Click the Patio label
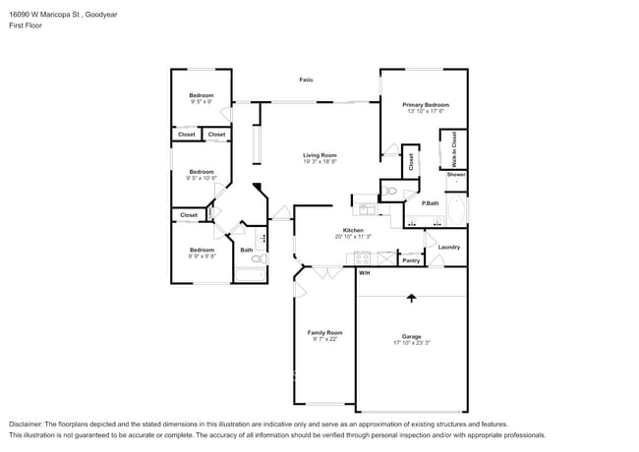click(x=307, y=80)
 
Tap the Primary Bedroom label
click(x=426, y=104)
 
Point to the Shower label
click(x=456, y=175)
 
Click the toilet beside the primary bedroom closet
click(x=390, y=190)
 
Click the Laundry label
click(x=449, y=248)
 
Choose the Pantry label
click(x=411, y=260)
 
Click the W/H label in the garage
click(x=364, y=272)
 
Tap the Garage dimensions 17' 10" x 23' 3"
click(x=411, y=343)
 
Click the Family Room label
click(x=325, y=332)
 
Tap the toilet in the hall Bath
click(x=262, y=239)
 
